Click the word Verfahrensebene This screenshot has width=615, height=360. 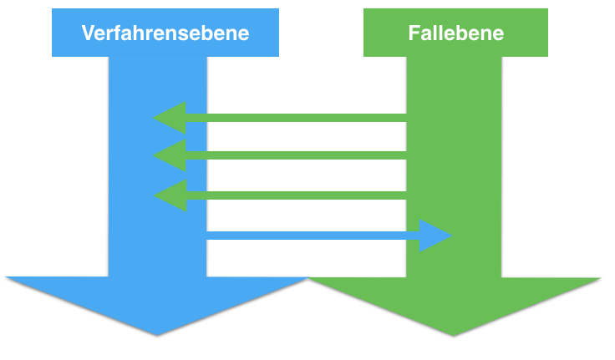tap(165, 33)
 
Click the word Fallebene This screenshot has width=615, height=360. tap(455, 33)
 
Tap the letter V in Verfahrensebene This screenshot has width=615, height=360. tap(87, 33)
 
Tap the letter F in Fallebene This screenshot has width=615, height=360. tap(413, 33)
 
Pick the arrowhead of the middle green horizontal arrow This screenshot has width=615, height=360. tap(170, 155)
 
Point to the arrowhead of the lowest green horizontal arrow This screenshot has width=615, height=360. tap(171, 195)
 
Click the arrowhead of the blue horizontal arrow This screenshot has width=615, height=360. tap(435, 236)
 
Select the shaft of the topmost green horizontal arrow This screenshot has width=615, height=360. tap(301, 118)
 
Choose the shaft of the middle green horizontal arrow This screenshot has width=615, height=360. tap(301, 155)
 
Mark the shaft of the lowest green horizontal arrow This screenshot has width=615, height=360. tap(301, 195)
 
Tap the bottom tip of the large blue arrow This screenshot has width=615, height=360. tap(157, 335)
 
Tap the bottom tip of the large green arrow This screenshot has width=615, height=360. tap(455, 335)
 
